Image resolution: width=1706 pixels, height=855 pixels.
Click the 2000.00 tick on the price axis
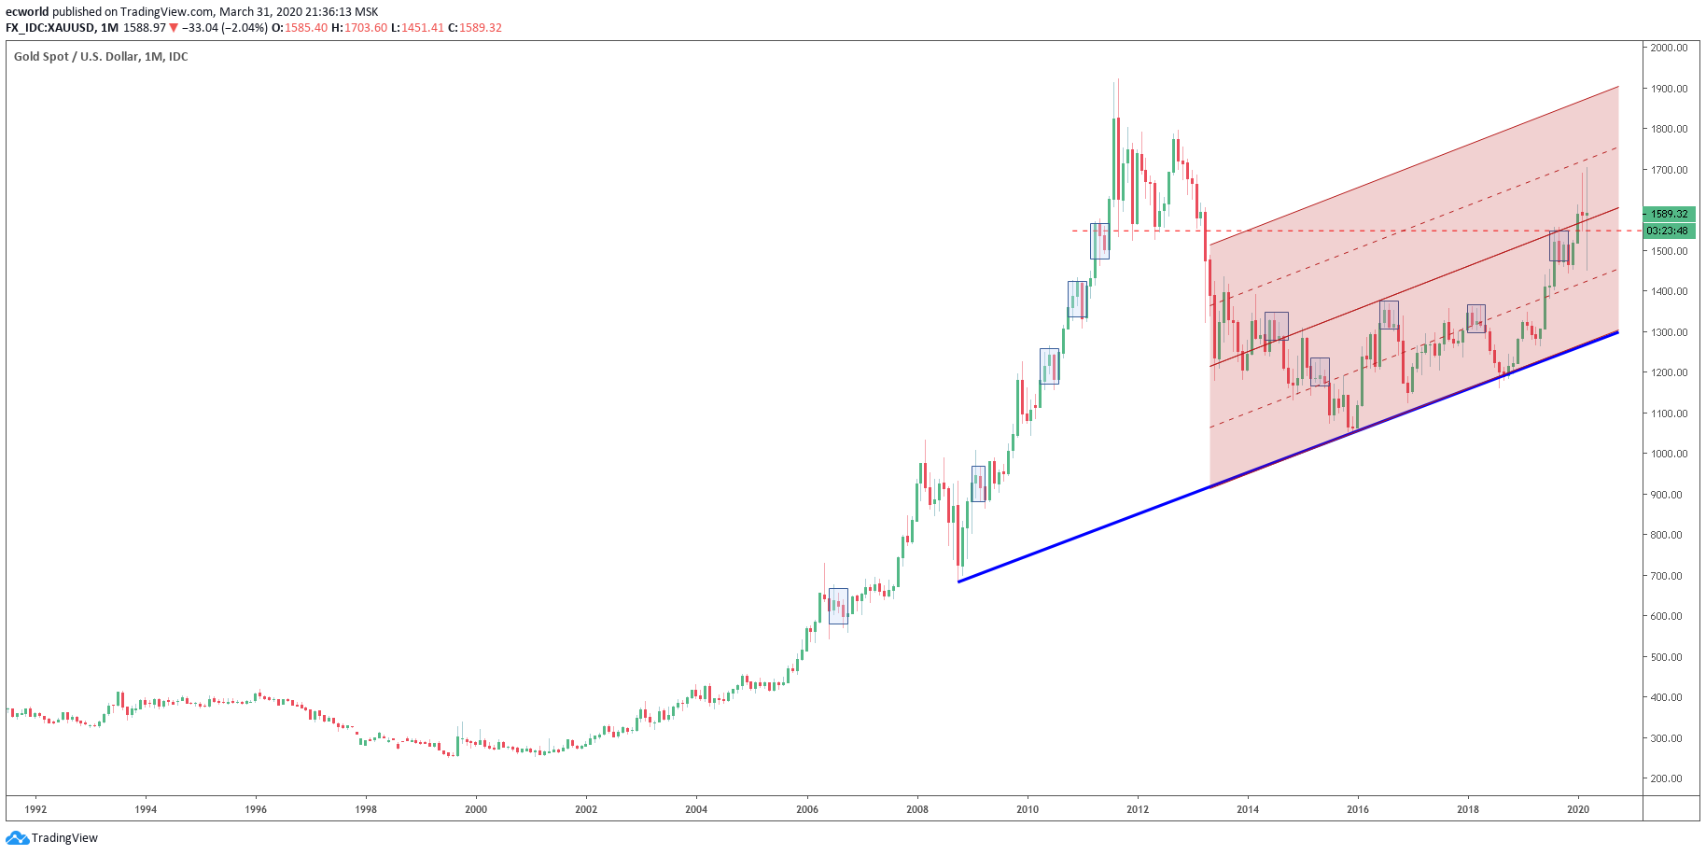tap(1669, 48)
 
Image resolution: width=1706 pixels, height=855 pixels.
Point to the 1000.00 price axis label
tap(1669, 454)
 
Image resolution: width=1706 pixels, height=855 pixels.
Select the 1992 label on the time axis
tap(35, 809)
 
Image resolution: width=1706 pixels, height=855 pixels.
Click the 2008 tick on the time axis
tap(917, 809)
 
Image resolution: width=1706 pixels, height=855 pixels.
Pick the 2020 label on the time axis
tap(1578, 809)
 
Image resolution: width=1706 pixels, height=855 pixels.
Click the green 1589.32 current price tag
tap(1669, 214)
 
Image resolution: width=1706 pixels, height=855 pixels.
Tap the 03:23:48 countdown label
tap(1667, 231)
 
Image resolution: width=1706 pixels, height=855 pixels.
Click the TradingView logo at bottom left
tap(52, 837)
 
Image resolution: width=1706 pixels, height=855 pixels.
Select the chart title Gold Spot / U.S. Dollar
tap(101, 57)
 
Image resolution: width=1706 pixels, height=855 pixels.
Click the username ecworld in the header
tap(27, 12)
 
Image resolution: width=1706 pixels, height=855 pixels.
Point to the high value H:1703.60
tap(361, 28)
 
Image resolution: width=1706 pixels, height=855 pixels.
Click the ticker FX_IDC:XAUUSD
tap(50, 28)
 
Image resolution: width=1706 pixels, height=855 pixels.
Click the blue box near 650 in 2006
tap(838, 606)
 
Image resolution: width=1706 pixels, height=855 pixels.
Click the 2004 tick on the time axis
tap(696, 809)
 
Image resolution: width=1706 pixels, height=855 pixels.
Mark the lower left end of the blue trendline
tap(959, 582)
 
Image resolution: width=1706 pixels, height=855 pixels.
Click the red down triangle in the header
tap(174, 28)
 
